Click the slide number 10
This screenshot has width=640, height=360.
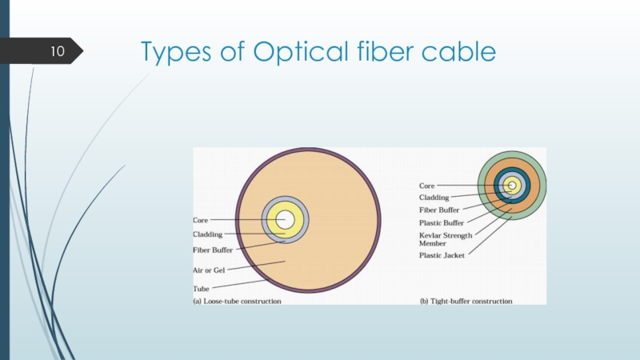point(57,53)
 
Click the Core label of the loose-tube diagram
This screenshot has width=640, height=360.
point(202,219)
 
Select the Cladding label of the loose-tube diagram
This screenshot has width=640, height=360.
point(208,234)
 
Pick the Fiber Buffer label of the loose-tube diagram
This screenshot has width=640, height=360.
point(213,250)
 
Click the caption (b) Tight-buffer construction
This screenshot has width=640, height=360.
point(466,301)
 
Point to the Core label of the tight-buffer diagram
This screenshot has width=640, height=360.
point(427,186)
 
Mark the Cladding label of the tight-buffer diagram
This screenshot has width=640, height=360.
point(434,197)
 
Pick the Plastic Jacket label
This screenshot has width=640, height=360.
point(441,255)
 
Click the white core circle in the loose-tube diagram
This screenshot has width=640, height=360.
point(286,219)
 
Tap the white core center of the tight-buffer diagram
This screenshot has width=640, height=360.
point(511,186)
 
